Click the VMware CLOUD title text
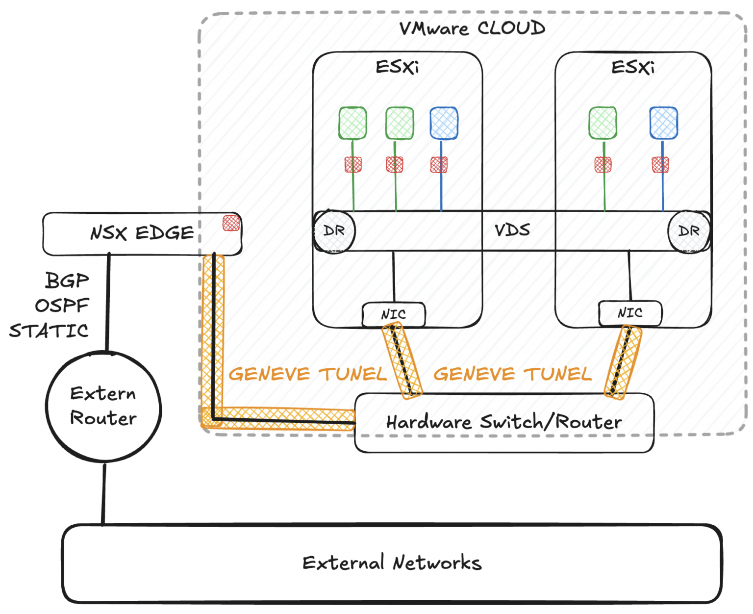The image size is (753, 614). click(x=472, y=28)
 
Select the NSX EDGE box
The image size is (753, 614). click(x=142, y=233)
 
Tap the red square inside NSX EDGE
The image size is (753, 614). click(x=231, y=223)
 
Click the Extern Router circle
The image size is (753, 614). click(x=103, y=407)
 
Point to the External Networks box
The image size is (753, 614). click(x=392, y=563)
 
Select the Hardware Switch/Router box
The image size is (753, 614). click(x=503, y=422)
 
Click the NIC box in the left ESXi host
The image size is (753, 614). click(x=393, y=314)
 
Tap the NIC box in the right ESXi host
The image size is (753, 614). click(x=630, y=313)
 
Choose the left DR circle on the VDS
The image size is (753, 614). click(x=334, y=231)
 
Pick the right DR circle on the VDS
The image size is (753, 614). click(x=688, y=231)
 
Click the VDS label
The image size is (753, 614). click(x=512, y=230)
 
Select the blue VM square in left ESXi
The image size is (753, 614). click(x=444, y=123)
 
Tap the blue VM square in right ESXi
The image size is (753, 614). click(x=663, y=123)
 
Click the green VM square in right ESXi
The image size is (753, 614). click(x=602, y=123)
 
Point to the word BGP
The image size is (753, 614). click(x=67, y=281)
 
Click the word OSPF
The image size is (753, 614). click(x=62, y=306)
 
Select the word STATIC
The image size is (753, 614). click(x=49, y=331)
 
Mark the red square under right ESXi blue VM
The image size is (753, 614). click(x=660, y=165)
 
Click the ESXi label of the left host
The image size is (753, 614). click(x=397, y=67)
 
